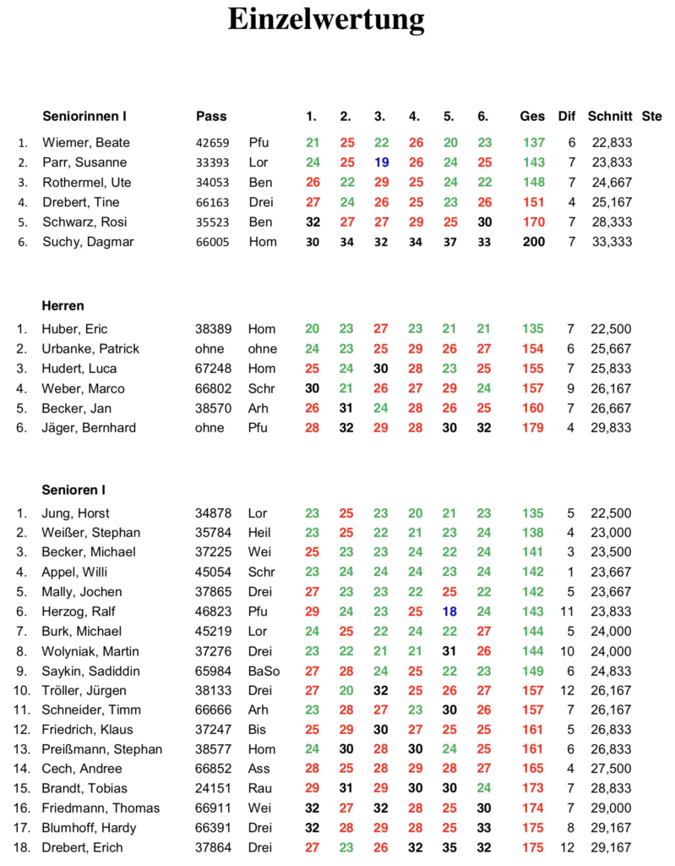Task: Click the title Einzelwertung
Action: tap(325, 19)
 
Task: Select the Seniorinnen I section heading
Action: tap(84, 116)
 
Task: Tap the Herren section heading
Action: tap(63, 305)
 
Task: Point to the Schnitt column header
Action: tap(610, 116)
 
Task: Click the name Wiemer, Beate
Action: tap(86, 143)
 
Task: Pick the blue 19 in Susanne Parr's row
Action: tap(380, 162)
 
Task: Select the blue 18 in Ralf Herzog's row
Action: tap(449, 611)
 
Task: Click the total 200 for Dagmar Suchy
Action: tap(534, 242)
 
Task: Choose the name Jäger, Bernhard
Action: tap(90, 428)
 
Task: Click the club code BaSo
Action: tap(264, 671)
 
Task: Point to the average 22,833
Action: tap(612, 143)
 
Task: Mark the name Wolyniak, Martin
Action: tap(91, 651)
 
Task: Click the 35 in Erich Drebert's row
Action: tap(449, 847)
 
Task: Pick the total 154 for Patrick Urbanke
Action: tap(534, 349)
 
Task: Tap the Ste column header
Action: tap(652, 116)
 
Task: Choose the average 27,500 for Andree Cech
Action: tap(612, 769)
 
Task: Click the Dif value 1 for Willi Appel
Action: tap(571, 572)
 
